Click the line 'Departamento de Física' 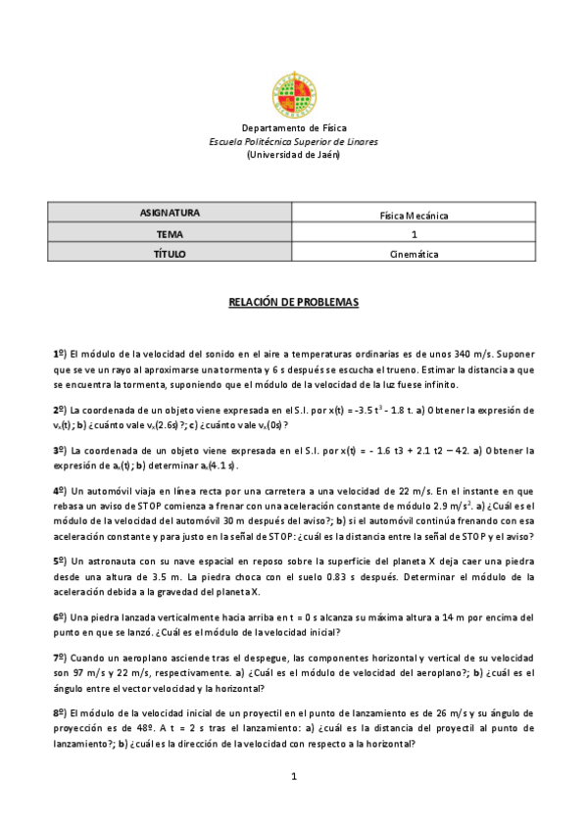point(293,128)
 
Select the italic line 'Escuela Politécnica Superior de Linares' point(293,141)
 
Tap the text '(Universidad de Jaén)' point(293,154)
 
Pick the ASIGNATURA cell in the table point(170,214)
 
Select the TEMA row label point(170,234)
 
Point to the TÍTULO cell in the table point(170,254)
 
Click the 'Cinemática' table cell point(414,255)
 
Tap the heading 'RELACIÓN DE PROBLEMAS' point(293,303)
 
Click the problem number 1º point(59,353)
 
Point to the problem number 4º point(59,489)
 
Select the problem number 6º point(59,617)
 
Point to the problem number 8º point(59,710)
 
